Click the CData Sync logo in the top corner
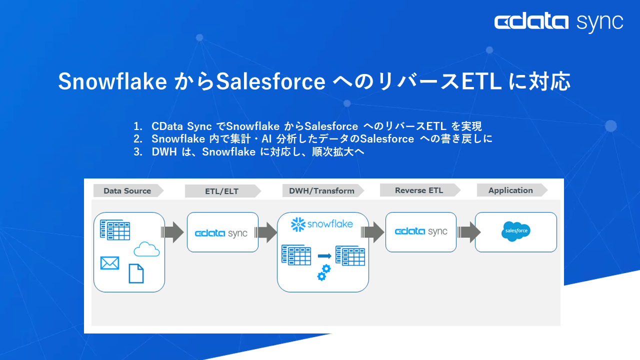[x=558, y=22]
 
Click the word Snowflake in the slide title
[x=112, y=81]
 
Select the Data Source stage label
[x=127, y=190]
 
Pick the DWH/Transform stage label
[x=321, y=190]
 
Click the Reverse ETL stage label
[x=418, y=190]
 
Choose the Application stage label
[x=510, y=190]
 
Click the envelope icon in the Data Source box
[x=109, y=262]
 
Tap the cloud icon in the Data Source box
[x=146, y=248]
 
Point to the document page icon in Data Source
[x=136, y=273]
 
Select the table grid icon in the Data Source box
[x=114, y=230]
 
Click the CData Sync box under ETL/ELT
[x=222, y=232]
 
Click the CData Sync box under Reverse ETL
[x=420, y=231]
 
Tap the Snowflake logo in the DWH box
[x=322, y=223]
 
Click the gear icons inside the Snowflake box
[x=324, y=272]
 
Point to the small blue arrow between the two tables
[x=324, y=255]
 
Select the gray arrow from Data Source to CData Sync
[x=173, y=232]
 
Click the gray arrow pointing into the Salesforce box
[x=469, y=232]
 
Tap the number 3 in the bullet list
[x=136, y=152]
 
